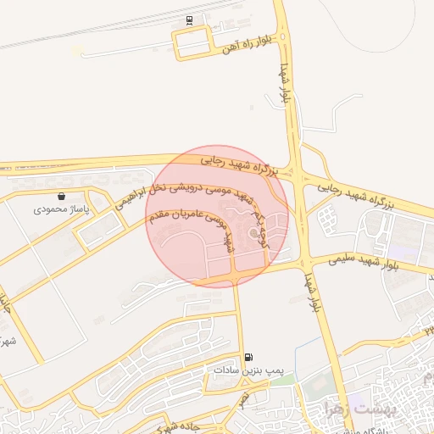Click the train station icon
pyautogui.click(x=188, y=20)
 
